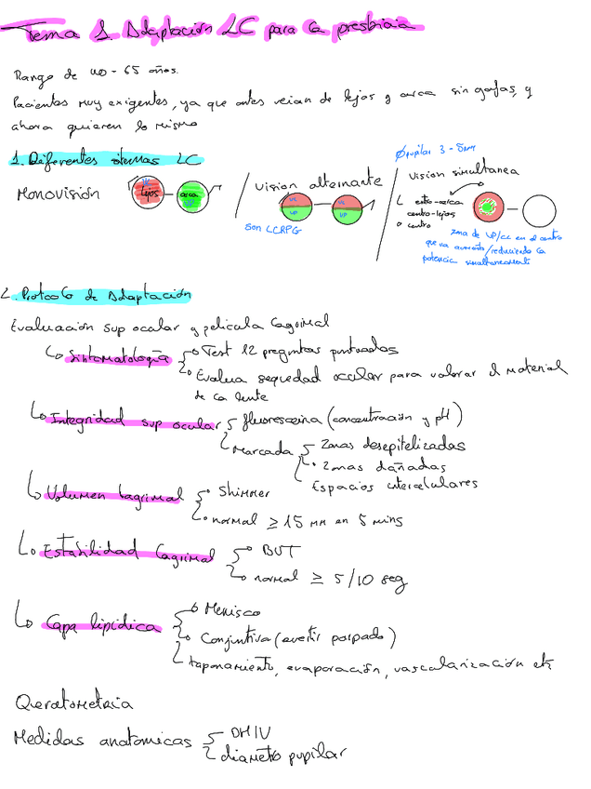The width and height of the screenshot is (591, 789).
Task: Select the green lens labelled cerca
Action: click(191, 195)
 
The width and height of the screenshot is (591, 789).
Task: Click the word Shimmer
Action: click(244, 490)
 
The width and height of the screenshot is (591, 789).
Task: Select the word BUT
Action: click(278, 551)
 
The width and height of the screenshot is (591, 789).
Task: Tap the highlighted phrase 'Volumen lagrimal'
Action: click(113, 495)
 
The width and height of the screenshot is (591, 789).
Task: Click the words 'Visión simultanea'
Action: click(464, 172)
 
